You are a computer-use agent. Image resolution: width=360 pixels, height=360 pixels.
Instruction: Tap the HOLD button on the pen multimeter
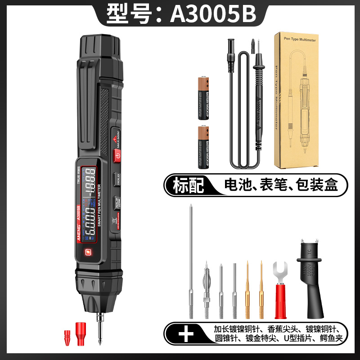point(116,178)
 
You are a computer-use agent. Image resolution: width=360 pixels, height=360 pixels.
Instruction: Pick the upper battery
point(203,98)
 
